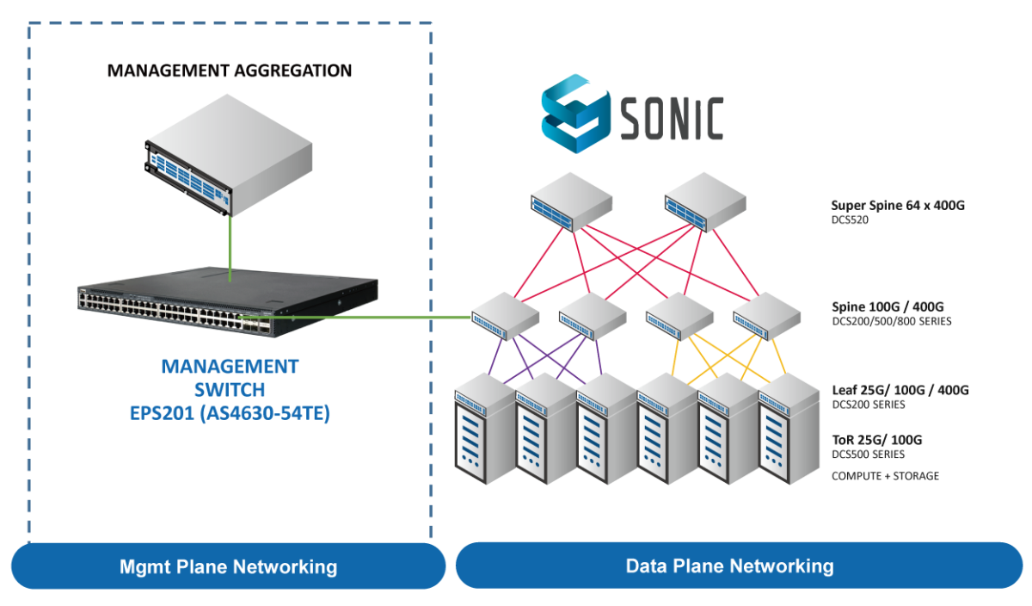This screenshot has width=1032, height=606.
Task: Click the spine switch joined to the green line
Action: pos(505,318)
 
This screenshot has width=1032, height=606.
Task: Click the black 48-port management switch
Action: pos(228,303)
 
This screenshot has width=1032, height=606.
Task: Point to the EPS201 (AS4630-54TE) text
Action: pos(229,413)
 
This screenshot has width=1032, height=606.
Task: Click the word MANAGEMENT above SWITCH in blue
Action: pos(229,367)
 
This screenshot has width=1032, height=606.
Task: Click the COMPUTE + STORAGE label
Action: pos(884,476)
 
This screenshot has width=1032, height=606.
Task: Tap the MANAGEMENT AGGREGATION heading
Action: pos(230,71)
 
